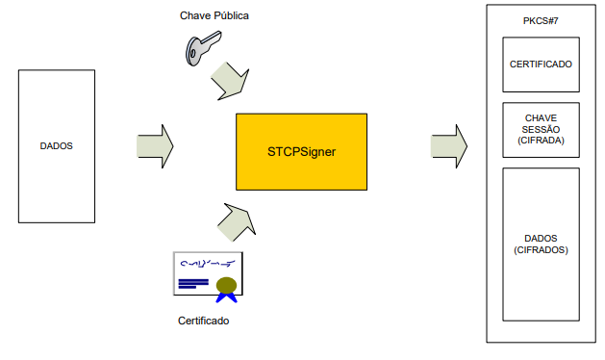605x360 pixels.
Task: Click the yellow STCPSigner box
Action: (x=301, y=152)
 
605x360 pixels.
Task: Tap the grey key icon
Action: (x=203, y=48)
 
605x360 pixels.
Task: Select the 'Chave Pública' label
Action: (x=214, y=15)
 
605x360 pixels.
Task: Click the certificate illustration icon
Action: (x=209, y=277)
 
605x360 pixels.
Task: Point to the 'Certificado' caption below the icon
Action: (x=203, y=321)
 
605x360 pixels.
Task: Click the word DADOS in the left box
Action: (x=57, y=146)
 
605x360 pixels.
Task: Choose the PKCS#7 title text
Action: (x=541, y=21)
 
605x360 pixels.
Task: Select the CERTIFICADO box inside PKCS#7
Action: (x=541, y=64)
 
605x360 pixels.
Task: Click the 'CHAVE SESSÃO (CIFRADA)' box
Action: (x=541, y=130)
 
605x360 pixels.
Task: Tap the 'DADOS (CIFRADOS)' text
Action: (x=541, y=244)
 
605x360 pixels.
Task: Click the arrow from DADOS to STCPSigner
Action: (x=155, y=146)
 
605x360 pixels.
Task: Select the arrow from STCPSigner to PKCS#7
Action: (x=449, y=146)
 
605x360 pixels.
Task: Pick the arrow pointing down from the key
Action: (x=230, y=81)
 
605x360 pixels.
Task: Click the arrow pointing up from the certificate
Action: (x=237, y=222)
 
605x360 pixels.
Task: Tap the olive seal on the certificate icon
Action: (x=226, y=285)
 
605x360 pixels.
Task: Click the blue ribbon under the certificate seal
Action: (x=226, y=297)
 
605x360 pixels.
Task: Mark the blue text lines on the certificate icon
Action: (x=193, y=284)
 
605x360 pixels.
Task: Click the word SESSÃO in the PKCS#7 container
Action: (x=541, y=129)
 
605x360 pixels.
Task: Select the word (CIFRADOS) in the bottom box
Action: (x=541, y=250)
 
